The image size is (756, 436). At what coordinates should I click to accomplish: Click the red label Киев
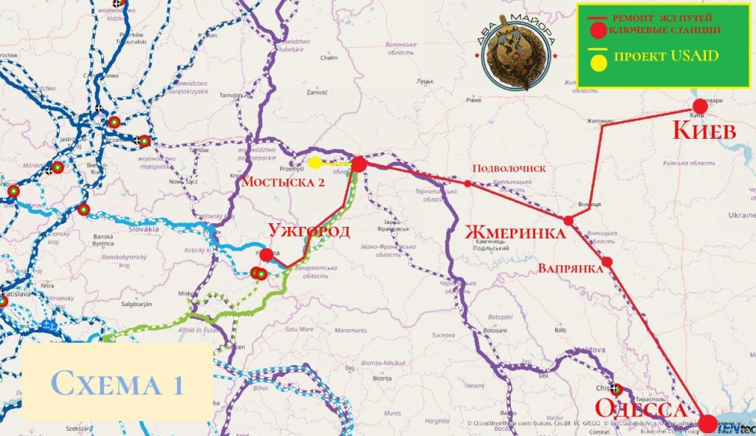point(704,132)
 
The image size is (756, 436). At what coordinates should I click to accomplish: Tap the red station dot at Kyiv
point(700,106)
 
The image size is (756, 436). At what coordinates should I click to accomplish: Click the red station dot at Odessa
point(707,423)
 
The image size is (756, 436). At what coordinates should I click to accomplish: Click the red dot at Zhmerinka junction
point(568,220)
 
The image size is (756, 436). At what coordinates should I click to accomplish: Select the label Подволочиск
point(510,169)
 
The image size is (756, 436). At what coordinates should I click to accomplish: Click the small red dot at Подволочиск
point(467,183)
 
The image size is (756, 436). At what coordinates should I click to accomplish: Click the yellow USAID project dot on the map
point(315,163)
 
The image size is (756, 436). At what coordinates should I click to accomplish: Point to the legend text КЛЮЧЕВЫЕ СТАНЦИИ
point(663,31)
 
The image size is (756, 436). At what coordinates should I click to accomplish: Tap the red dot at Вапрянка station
point(607,262)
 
